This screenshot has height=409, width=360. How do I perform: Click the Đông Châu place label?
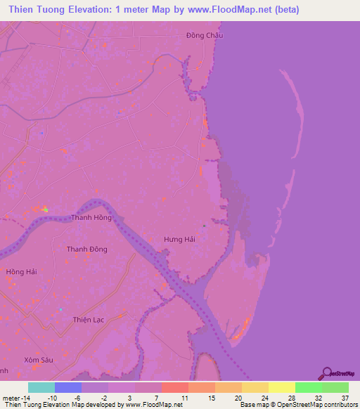point(205,35)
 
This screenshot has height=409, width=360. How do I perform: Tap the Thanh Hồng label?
point(91,218)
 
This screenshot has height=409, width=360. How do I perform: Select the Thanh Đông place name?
point(86,249)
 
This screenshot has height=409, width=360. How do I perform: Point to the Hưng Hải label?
point(179,240)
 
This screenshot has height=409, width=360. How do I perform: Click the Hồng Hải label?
point(20,271)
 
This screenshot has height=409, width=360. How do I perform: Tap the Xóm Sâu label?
point(38,359)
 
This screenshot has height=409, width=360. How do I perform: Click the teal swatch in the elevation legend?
point(41,387)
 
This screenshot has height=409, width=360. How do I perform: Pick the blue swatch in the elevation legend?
point(68,387)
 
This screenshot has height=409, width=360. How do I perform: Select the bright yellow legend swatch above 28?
point(281,387)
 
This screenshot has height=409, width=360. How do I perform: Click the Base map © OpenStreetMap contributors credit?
point(298,405)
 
